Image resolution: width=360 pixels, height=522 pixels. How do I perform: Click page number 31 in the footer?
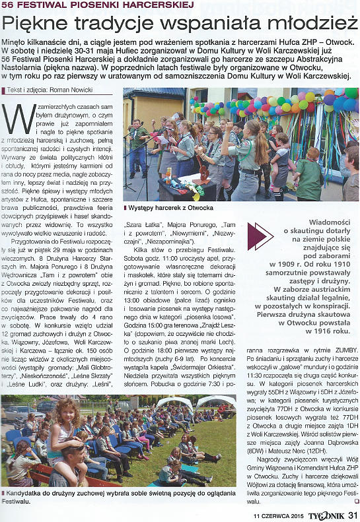(x=352, y=515)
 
